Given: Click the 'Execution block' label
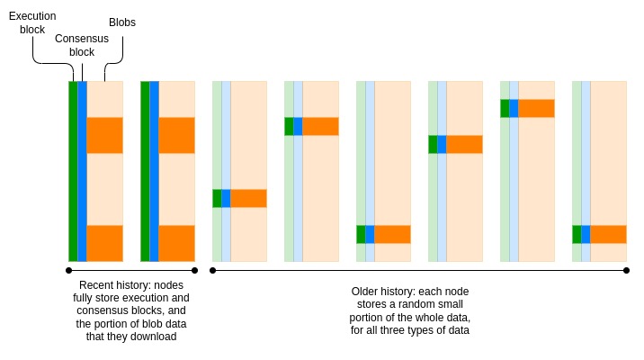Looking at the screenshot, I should (x=32, y=22).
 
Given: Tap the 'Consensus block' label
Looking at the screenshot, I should (x=82, y=45).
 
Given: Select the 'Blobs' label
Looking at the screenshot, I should (x=121, y=22).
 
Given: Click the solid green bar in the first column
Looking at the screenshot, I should (x=73, y=171).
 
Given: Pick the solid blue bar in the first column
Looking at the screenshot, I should (x=82, y=171).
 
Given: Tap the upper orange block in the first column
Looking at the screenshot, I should (x=104, y=135).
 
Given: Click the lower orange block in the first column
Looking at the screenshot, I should (x=104, y=243).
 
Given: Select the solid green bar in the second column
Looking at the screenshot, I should (x=145, y=171).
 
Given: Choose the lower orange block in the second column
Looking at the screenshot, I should (x=176, y=243).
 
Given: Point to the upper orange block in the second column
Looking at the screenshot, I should (x=176, y=135).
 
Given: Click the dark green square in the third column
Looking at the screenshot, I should (x=217, y=198).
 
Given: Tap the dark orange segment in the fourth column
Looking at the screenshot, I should (x=320, y=126).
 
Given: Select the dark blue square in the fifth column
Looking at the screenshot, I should (x=370, y=234).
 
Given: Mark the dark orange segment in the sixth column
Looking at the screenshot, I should (x=464, y=144).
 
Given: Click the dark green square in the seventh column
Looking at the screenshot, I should (x=505, y=108).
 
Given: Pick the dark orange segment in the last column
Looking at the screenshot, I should (x=608, y=234).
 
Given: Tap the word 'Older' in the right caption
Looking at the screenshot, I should (x=367, y=292).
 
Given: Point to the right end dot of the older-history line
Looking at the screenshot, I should (x=626, y=270).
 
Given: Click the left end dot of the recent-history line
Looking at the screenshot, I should (x=68, y=270).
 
